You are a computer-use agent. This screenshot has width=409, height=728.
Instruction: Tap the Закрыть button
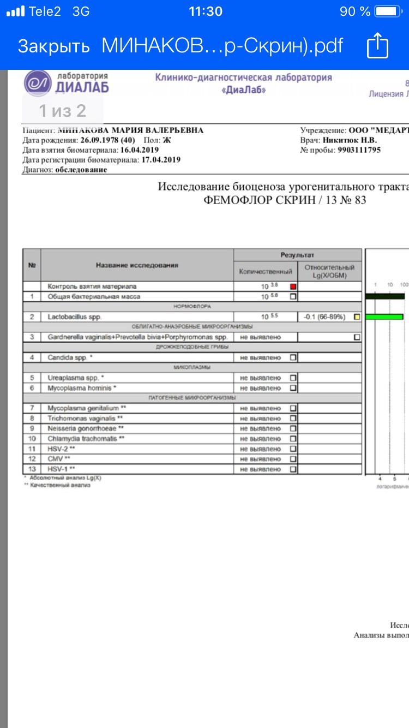tap(53, 46)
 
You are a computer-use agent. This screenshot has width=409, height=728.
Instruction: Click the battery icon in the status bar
tap(389, 11)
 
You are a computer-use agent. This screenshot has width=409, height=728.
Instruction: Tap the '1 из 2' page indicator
tap(62, 111)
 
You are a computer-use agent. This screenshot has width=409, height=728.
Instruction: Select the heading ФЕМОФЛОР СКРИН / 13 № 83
tap(285, 200)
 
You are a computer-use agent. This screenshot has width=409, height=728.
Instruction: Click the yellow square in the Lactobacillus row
tap(357, 317)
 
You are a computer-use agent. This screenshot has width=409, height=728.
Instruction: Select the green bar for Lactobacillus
tap(384, 317)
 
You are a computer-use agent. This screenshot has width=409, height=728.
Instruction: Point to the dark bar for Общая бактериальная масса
tap(384, 296)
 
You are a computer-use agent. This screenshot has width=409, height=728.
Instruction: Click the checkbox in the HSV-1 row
tap(293, 469)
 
